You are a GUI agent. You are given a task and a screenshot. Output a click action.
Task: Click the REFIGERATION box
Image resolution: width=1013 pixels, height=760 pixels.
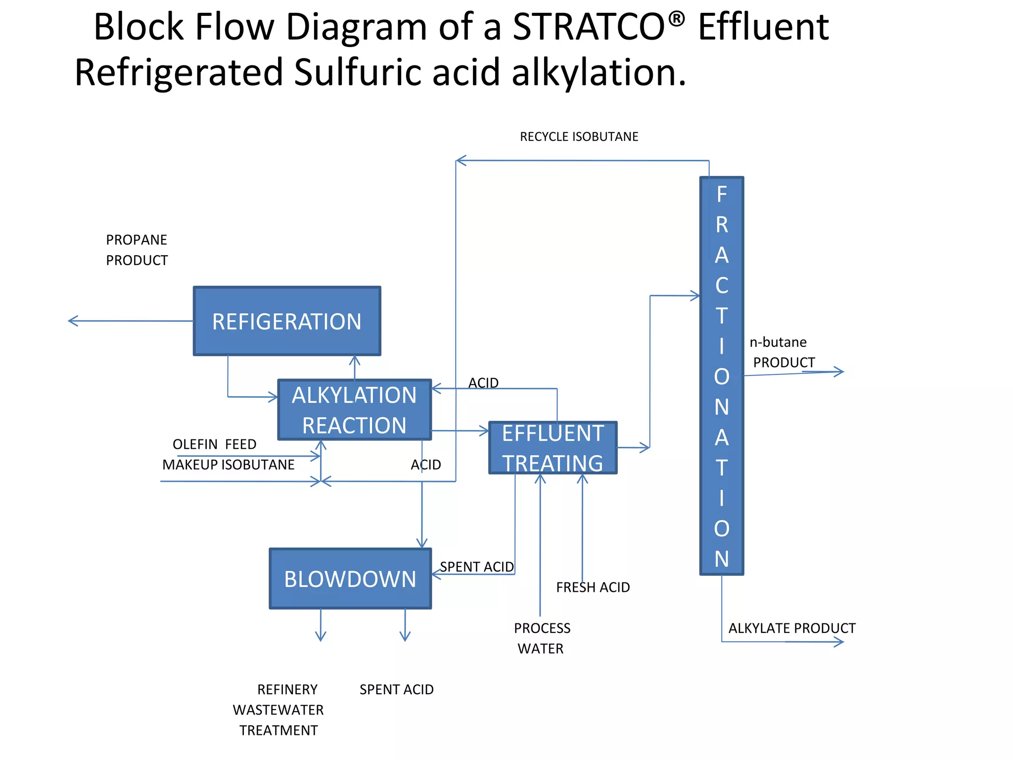[x=287, y=321]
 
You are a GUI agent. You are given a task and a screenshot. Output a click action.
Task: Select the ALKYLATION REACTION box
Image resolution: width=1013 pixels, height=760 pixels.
[x=354, y=410]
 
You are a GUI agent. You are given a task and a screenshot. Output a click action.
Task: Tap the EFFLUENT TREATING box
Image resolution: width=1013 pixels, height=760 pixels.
[x=553, y=448]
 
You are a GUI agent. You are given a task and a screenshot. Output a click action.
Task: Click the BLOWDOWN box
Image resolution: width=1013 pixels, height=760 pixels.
[x=350, y=578]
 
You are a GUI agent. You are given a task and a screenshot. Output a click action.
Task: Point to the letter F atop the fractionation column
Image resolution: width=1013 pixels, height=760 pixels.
[x=722, y=194]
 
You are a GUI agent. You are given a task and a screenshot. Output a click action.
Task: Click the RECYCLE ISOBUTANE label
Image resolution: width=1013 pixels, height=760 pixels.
[x=579, y=137]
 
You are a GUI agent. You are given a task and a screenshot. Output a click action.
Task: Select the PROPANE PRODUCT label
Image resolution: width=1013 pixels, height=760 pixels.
[x=137, y=250]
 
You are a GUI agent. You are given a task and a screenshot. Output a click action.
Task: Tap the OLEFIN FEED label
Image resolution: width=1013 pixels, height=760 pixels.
[x=214, y=444]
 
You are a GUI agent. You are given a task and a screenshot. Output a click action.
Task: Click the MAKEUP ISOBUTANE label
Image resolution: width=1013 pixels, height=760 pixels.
[x=228, y=465]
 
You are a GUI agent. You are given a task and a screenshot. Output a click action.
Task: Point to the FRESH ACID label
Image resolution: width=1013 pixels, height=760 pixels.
[x=593, y=587]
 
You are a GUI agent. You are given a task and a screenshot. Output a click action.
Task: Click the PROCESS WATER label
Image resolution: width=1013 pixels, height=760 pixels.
[x=542, y=638]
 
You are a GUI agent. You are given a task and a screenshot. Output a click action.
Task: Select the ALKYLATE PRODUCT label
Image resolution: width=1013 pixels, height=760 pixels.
[x=791, y=628]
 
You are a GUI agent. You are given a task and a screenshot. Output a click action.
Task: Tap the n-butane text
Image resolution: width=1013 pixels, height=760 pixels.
[x=778, y=342]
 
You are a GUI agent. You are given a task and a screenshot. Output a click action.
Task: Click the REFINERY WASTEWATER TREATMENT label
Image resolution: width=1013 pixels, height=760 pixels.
[x=278, y=710]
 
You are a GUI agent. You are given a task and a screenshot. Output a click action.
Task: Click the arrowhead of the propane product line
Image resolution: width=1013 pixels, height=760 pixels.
[x=72, y=321]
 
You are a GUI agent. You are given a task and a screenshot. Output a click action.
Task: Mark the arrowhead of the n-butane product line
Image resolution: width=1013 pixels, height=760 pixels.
[x=840, y=371]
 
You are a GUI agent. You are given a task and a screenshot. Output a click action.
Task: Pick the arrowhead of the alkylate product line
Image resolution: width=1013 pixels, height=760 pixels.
[x=840, y=642]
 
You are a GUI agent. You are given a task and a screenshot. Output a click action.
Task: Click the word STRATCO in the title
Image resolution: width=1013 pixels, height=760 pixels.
[x=589, y=27]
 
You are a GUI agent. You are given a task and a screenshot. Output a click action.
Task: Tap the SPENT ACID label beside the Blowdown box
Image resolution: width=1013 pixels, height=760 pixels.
[x=477, y=567]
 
